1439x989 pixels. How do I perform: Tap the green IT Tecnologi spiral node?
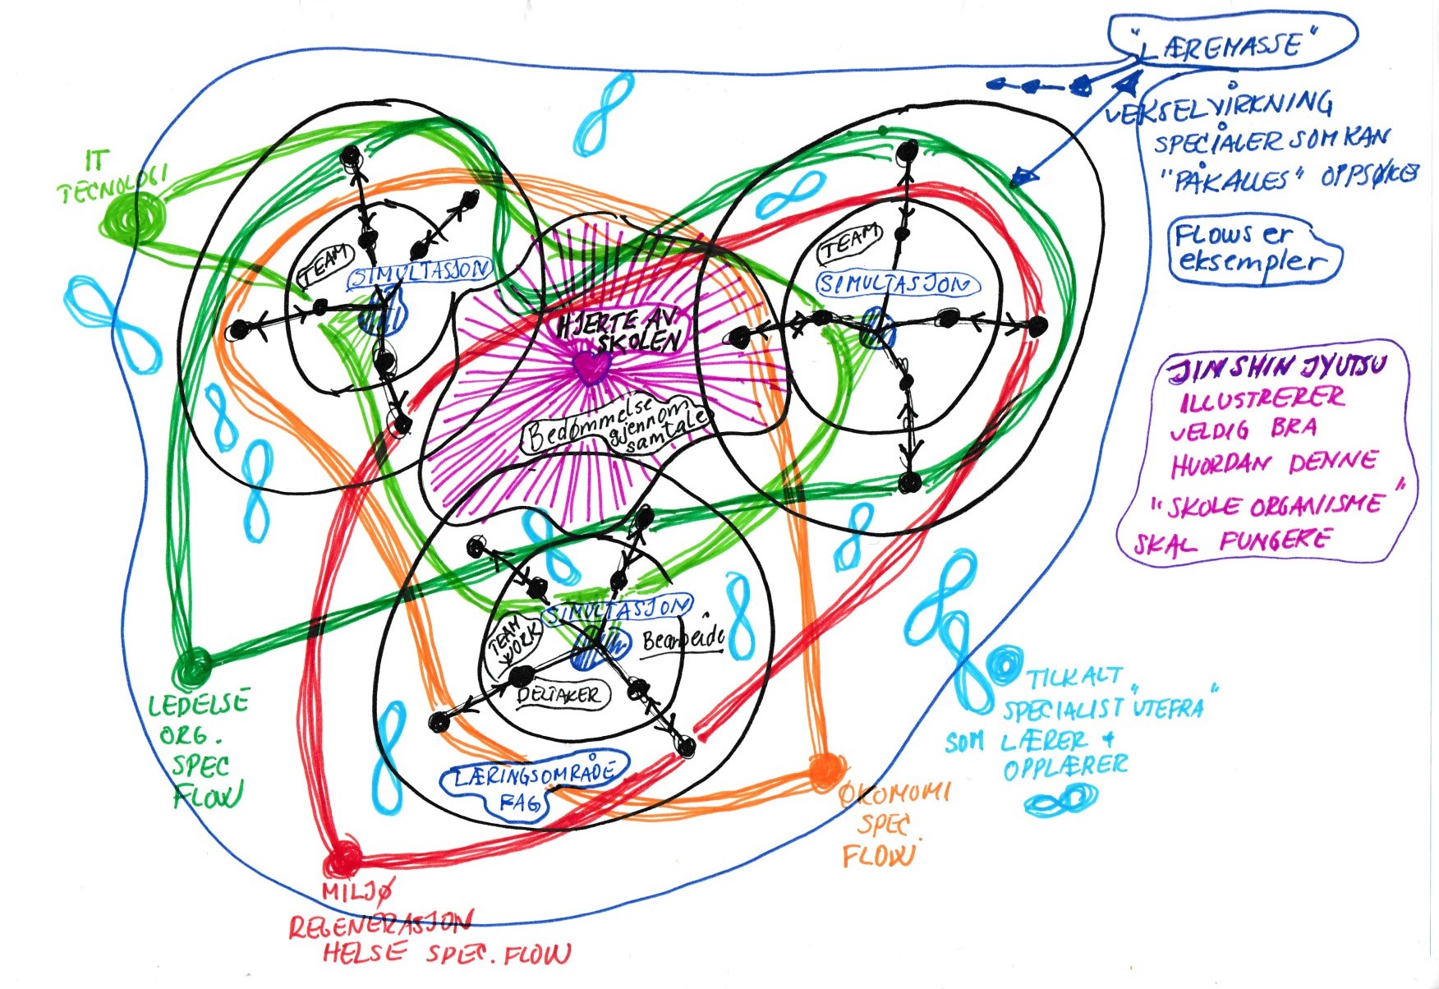pos(135,217)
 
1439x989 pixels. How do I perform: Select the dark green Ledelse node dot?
pos(194,665)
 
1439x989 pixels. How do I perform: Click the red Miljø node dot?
pos(342,859)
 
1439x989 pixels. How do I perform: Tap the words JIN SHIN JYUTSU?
pos(1281,368)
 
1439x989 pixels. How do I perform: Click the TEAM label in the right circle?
pos(851,244)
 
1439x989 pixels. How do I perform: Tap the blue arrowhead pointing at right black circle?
pos(1022,176)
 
